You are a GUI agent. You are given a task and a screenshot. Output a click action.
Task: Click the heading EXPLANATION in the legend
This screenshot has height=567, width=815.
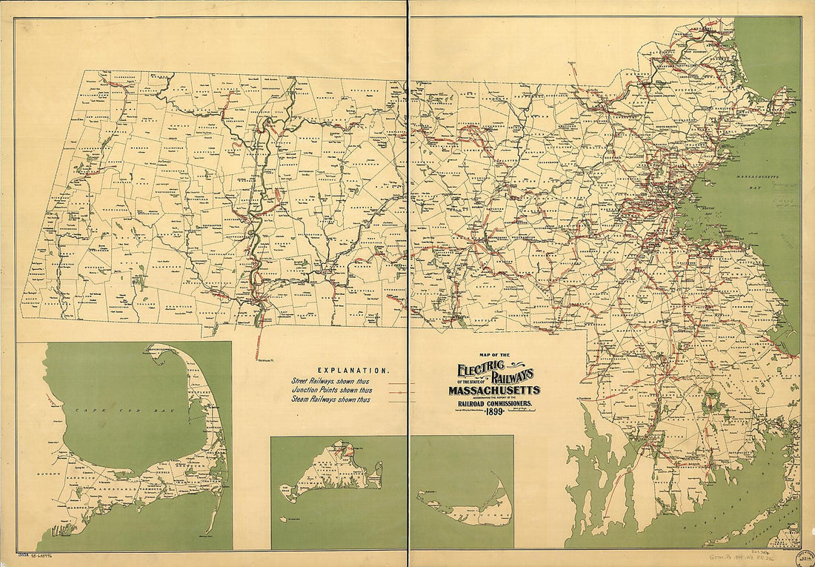353,370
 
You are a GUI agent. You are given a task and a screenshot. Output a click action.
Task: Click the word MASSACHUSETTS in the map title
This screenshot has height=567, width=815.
493,390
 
